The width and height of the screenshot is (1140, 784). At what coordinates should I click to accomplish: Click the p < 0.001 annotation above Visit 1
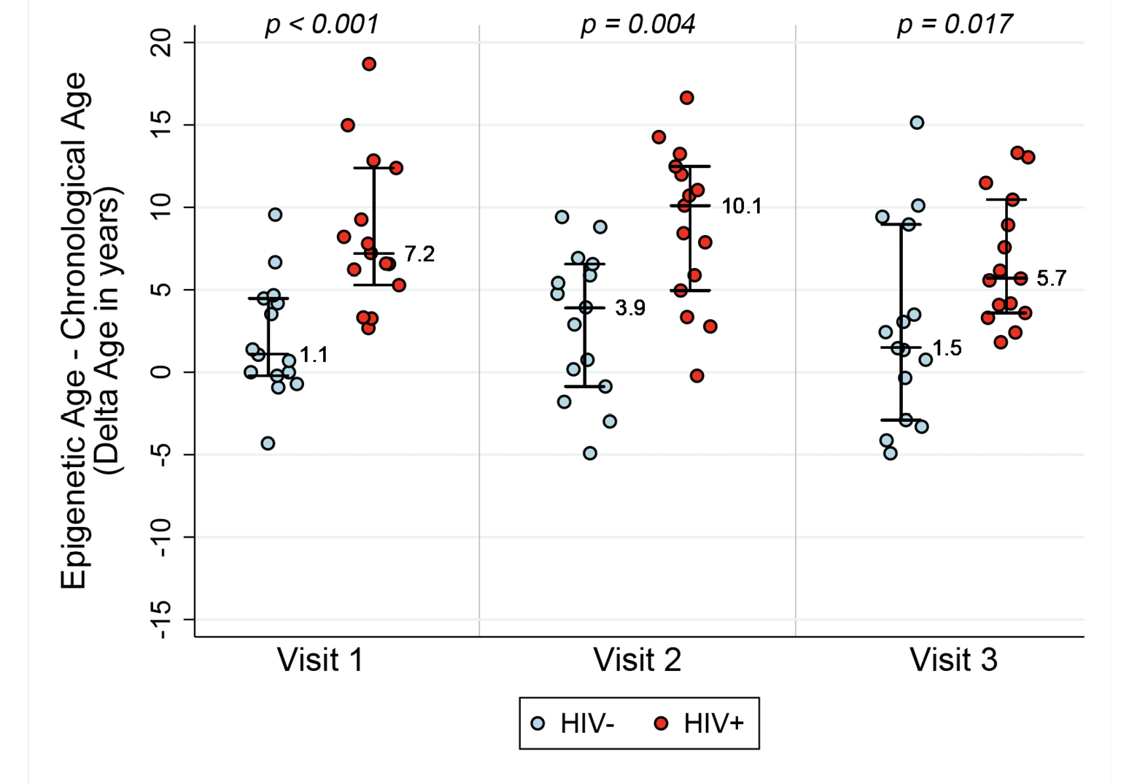(322, 24)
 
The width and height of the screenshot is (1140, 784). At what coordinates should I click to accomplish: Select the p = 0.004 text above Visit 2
(637, 24)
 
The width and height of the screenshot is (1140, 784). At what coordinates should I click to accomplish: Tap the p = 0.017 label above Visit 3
(954, 24)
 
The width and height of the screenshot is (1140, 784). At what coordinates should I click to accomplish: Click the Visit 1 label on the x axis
(320, 660)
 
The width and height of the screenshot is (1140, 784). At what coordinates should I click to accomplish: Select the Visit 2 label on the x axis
(637, 660)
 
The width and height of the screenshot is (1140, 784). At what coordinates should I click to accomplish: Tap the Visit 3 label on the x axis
(953, 660)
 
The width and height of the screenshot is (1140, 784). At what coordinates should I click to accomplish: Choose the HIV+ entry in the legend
(700, 723)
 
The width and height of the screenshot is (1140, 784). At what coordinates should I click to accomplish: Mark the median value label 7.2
(419, 254)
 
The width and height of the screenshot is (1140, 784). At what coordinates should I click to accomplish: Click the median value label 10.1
(742, 207)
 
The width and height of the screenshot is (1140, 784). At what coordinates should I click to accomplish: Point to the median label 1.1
(314, 356)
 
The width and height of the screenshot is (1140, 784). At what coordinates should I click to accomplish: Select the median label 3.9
(630, 308)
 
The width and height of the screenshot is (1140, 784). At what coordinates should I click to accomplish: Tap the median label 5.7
(1051, 278)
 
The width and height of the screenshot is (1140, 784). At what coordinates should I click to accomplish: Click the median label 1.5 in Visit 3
(947, 348)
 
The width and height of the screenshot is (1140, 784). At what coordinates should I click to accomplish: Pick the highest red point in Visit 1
(369, 64)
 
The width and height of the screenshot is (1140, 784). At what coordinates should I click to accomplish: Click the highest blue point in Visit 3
(917, 123)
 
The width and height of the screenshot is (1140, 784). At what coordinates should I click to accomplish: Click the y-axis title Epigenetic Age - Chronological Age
(73, 330)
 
